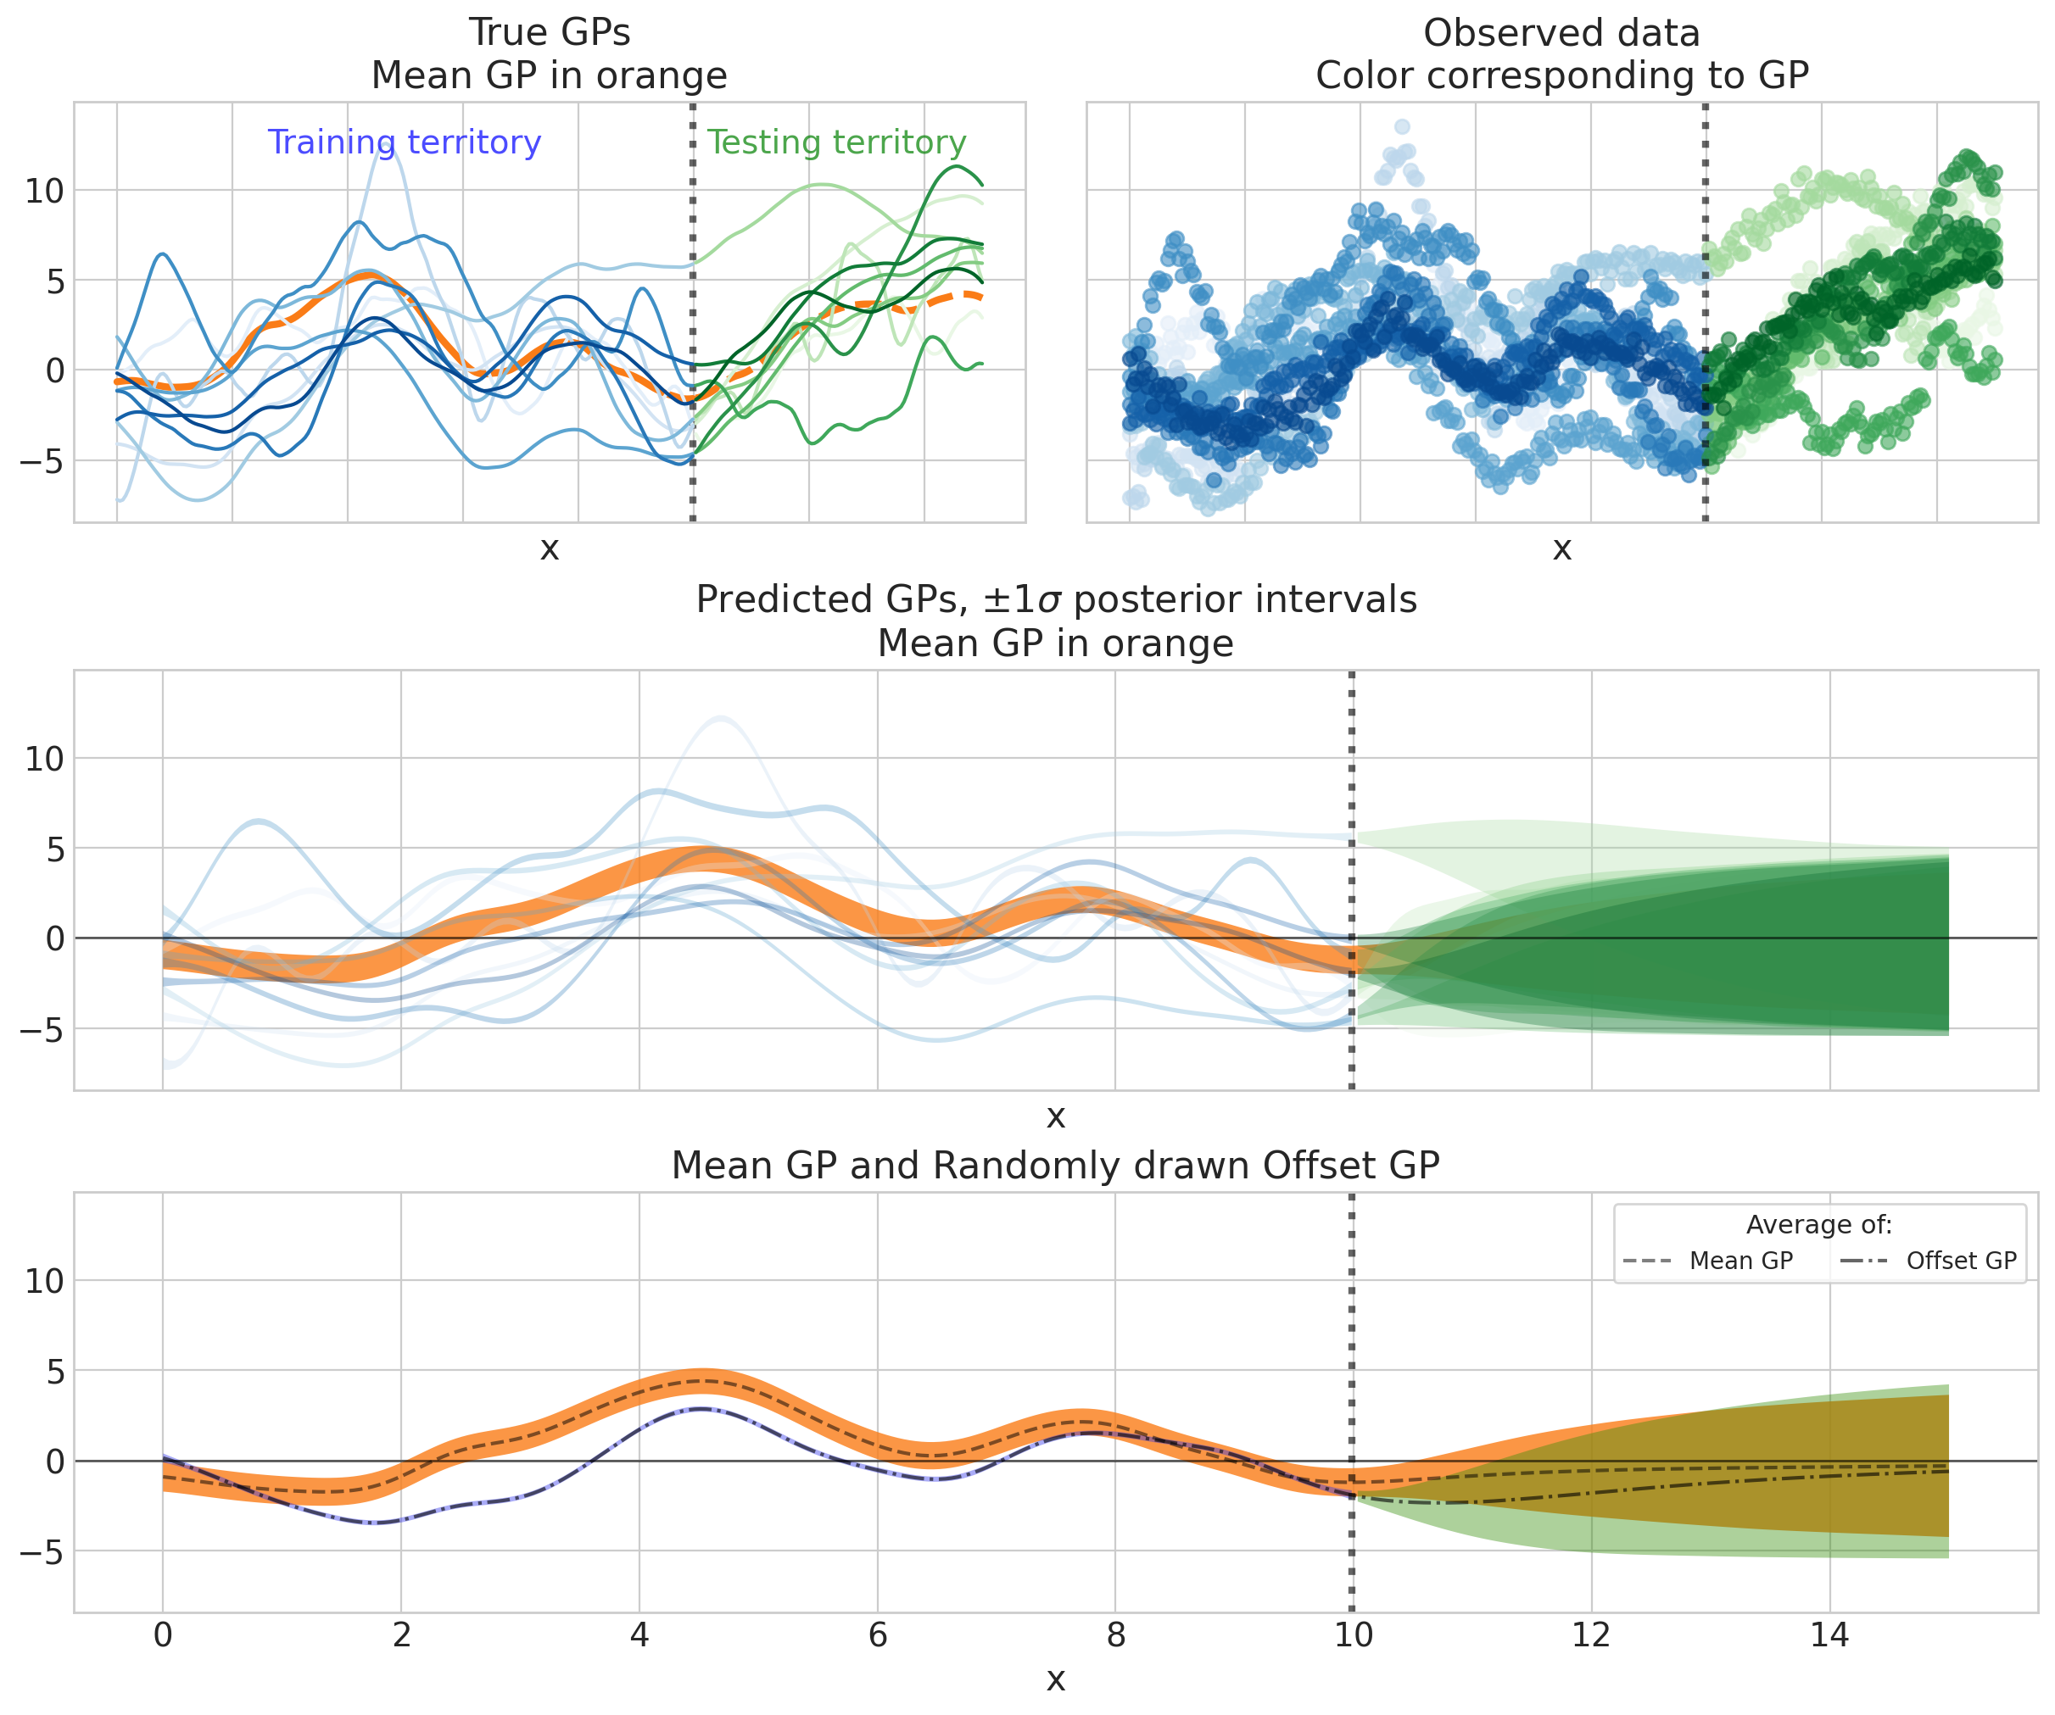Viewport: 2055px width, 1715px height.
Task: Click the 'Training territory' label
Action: tap(405, 142)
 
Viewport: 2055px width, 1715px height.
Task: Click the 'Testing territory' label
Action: tap(837, 142)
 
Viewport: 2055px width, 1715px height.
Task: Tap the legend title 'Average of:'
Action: tap(1819, 1225)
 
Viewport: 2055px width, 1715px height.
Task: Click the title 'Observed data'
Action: tap(1561, 33)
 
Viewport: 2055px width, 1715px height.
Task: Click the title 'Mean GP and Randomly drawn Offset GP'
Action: tap(1055, 1167)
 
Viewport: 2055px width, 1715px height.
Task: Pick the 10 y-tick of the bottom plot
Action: tap(44, 1282)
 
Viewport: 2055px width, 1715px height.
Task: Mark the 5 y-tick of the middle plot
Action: tap(53, 849)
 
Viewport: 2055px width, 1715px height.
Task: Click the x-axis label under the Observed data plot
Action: tap(1561, 548)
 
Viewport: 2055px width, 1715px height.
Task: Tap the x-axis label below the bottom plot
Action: tap(1055, 1679)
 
